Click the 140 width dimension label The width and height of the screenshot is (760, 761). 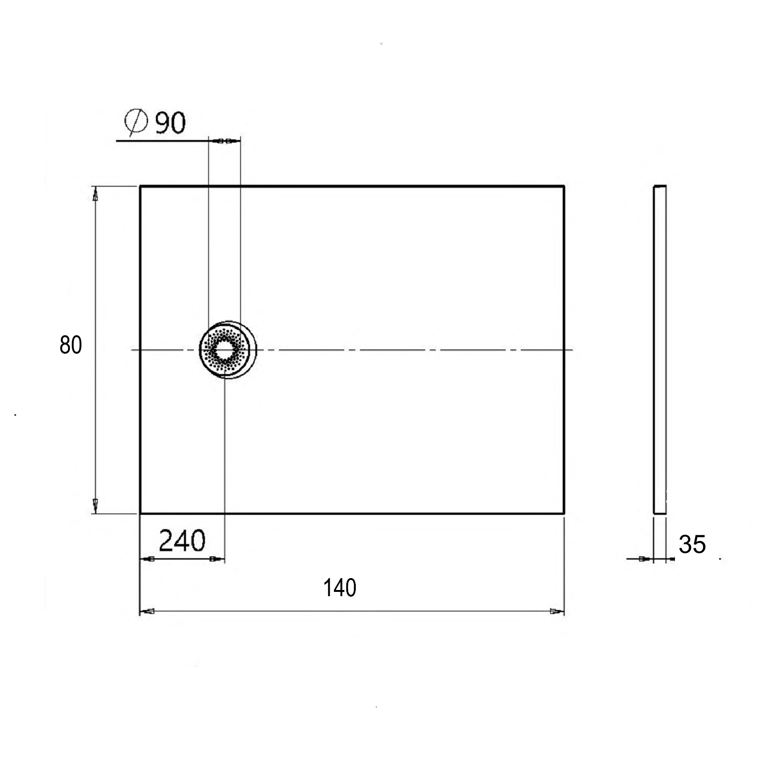[x=340, y=588]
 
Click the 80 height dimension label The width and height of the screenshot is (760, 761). [x=71, y=345]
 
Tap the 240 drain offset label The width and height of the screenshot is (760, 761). [x=182, y=541]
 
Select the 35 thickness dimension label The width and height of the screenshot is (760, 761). [x=692, y=544]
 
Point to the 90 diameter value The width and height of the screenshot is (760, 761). [x=170, y=123]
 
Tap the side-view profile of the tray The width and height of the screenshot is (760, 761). [x=660, y=350]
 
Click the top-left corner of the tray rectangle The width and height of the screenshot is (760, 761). [x=140, y=186]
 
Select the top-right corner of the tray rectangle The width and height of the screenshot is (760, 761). [x=564, y=186]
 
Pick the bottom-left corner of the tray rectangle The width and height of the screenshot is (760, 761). [x=140, y=513]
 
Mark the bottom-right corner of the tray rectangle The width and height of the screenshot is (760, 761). [x=564, y=513]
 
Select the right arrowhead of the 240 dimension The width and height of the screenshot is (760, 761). [x=217, y=559]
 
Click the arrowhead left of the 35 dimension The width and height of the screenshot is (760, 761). [x=645, y=559]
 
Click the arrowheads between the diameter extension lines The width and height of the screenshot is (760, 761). [x=224, y=141]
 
